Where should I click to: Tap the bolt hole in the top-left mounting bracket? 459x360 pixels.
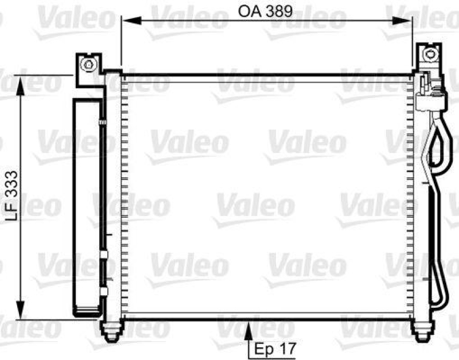pos(88,64)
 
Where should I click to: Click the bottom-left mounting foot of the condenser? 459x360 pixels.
pos(111,329)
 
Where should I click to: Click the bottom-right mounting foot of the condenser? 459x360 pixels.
pos(422,329)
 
